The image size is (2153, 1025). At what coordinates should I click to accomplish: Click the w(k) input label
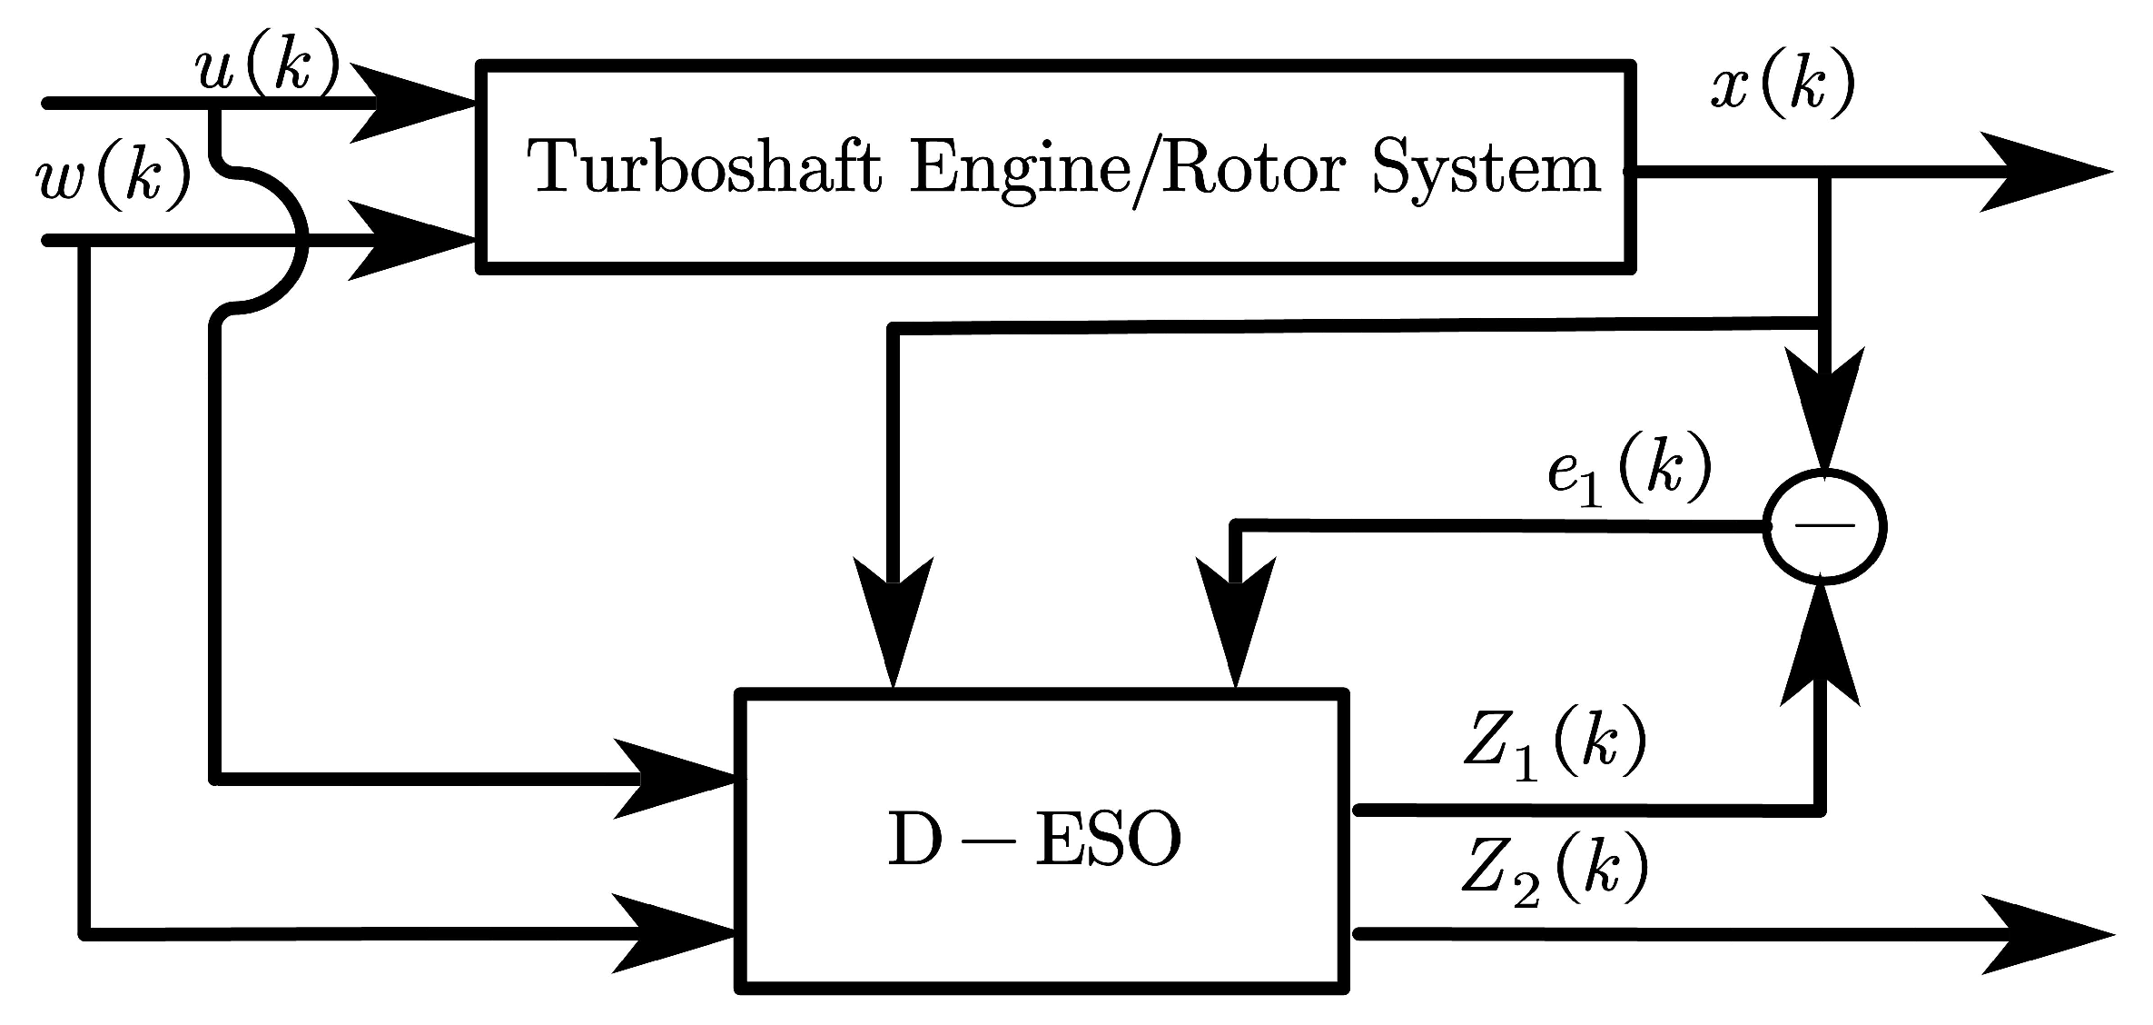click(x=114, y=175)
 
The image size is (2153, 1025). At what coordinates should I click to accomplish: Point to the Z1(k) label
click(x=1554, y=744)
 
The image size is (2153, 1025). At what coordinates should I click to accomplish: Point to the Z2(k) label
click(x=1554, y=870)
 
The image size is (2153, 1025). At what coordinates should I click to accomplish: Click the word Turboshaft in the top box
click(x=704, y=169)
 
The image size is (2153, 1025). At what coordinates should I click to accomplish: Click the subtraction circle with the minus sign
click(x=1824, y=526)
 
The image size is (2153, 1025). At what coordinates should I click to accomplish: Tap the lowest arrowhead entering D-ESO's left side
click(x=672, y=933)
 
